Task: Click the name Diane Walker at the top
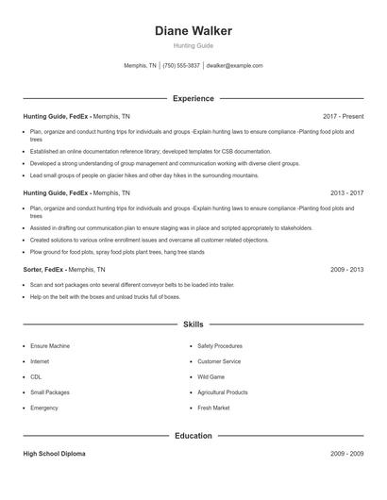point(193,31)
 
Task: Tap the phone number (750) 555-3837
point(181,66)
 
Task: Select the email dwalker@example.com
point(234,66)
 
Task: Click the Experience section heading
point(193,98)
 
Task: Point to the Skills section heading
point(193,325)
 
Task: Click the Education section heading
point(193,436)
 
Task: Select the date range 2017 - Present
point(343,116)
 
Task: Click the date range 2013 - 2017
point(345,192)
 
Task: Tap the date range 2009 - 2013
point(345,269)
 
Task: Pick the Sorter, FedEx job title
point(43,269)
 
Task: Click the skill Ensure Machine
point(50,346)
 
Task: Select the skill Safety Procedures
point(220,346)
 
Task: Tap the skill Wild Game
point(211,377)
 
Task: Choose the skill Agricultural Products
point(223,392)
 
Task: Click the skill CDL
point(36,377)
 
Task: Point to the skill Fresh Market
point(213,408)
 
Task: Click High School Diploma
point(54,454)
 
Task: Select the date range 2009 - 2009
point(345,454)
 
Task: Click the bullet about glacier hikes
point(143,175)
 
